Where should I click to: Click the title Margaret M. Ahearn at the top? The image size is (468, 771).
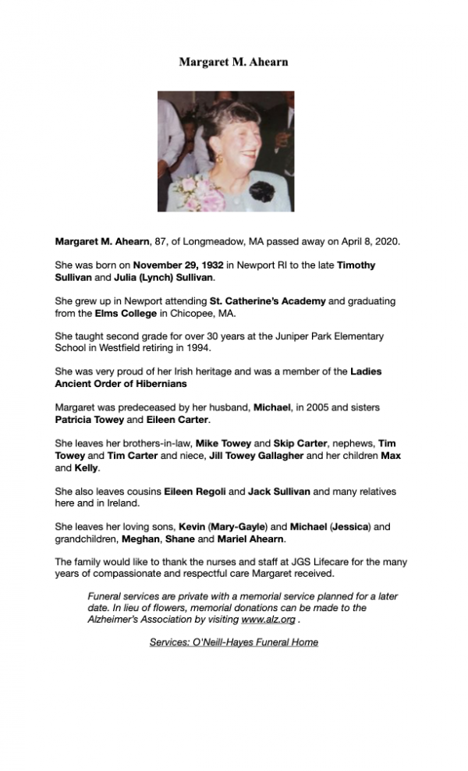click(x=233, y=62)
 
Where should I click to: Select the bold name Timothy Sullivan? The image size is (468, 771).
click(x=356, y=265)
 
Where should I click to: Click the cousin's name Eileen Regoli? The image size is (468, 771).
click(x=193, y=492)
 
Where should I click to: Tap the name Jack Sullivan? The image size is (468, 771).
click(x=280, y=492)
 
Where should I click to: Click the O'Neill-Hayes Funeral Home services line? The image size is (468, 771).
click(x=233, y=642)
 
